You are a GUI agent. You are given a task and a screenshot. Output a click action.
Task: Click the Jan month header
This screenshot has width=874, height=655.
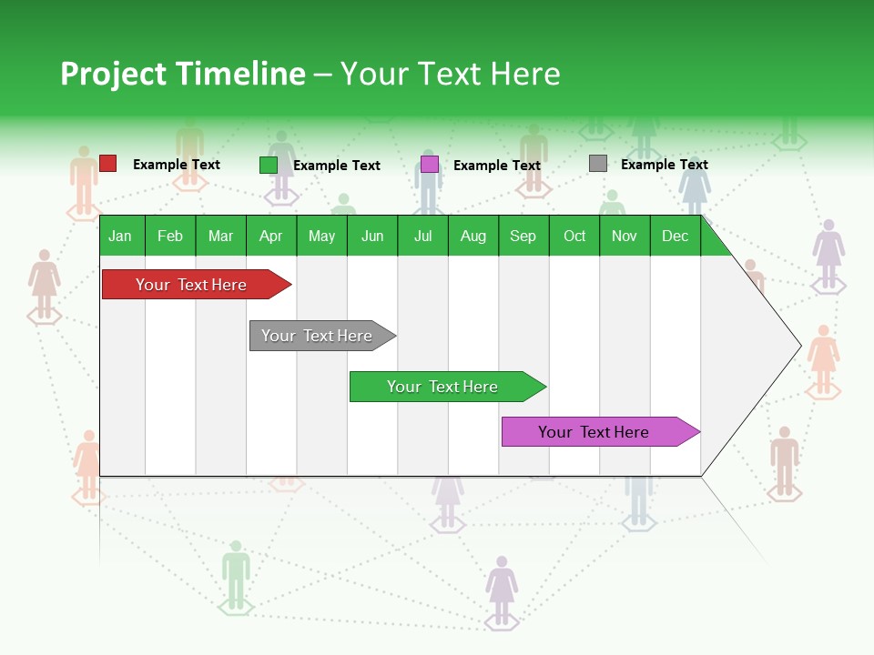120,237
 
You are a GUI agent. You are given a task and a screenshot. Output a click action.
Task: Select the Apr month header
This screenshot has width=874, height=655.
270,237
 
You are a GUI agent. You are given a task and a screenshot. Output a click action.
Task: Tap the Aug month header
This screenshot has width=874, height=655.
473,237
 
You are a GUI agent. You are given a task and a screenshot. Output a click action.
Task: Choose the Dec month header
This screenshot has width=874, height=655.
675,237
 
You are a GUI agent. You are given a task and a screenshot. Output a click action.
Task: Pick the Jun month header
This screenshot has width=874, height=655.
372,237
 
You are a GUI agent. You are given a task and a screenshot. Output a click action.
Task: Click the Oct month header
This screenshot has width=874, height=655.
574,237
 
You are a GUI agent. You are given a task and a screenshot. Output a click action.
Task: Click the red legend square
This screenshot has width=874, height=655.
107,164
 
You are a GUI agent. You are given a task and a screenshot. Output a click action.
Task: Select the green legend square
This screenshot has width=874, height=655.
268,165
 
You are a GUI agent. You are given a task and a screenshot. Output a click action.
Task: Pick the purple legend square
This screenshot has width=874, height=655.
429,165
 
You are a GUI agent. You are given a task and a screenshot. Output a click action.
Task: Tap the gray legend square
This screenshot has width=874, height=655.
597,164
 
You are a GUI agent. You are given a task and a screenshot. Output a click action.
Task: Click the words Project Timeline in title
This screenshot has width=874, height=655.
182,74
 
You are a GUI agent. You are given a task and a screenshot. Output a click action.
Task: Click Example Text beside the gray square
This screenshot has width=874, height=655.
664,165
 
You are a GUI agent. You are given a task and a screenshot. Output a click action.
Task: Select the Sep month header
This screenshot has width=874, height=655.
523,237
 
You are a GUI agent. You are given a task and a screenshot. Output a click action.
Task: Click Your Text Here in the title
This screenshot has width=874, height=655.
450,74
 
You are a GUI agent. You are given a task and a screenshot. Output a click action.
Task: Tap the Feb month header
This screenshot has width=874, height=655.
170,237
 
